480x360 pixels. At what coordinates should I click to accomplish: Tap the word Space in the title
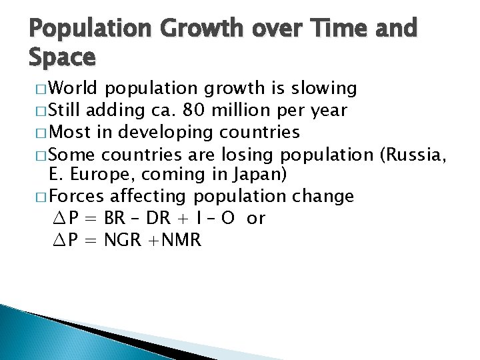point(62,58)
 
